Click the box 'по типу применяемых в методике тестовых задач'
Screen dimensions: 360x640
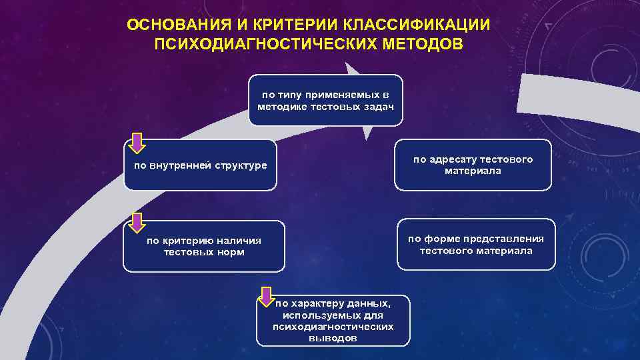pos(325,100)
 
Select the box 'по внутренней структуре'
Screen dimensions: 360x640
pos(200,165)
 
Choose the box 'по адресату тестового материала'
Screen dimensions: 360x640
pos(473,165)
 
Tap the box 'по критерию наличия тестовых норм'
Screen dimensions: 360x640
pos(204,246)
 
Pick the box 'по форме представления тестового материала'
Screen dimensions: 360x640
pos(476,245)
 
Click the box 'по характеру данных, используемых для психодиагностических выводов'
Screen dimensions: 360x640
pos(333,320)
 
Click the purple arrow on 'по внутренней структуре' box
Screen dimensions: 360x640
pos(137,143)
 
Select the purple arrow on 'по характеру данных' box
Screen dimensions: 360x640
pos(267,297)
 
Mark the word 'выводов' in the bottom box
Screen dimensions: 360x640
pos(333,338)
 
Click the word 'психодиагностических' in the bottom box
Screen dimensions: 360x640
pos(333,327)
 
